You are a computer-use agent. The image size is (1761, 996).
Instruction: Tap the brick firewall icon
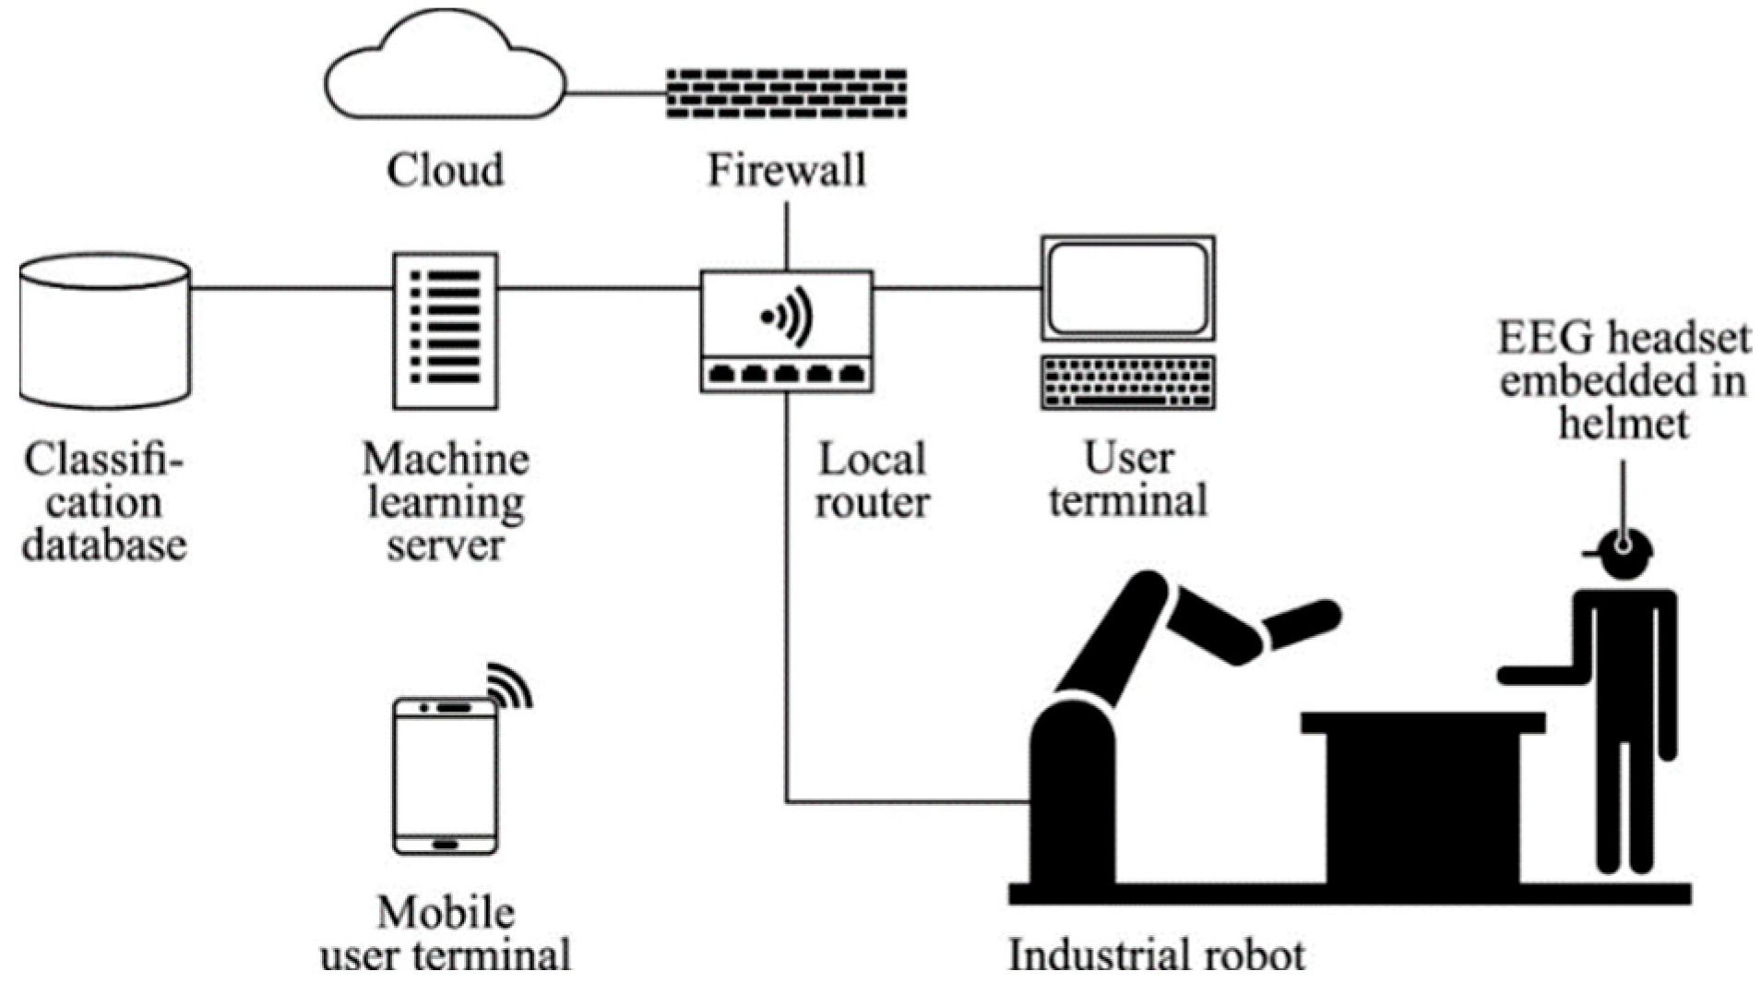786,92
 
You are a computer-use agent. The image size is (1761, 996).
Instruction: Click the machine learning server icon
446,330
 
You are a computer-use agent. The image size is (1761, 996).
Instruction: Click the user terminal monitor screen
1128,288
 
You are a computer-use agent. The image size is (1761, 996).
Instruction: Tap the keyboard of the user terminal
1128,382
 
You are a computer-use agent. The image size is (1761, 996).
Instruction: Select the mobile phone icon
446,775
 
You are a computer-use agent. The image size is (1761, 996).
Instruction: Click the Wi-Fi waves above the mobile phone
511,685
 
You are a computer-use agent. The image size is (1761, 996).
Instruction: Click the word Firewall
786,171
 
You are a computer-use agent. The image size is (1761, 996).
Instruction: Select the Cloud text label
445,171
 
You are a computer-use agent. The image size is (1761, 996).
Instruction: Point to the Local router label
872,480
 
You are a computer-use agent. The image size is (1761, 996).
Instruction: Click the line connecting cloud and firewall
615,93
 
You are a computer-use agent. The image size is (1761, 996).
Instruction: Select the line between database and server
292,288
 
